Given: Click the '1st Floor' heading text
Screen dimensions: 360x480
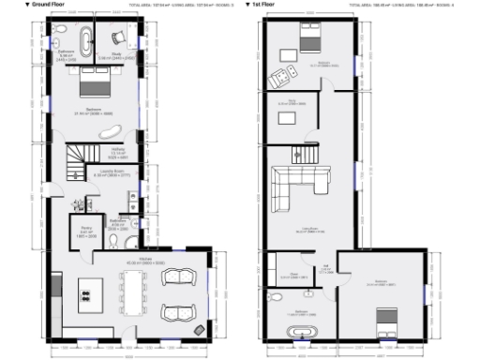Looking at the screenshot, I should click(270, 5).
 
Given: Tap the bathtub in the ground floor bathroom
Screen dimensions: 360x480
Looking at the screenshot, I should click(85, 40).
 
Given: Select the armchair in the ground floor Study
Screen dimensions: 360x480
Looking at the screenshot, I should click(117, 37).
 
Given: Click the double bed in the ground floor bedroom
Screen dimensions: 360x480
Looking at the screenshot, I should click(92, 88).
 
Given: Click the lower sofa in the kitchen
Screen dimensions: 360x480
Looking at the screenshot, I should click(176, 312).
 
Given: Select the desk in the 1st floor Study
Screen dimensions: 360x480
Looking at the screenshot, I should click(287, 118).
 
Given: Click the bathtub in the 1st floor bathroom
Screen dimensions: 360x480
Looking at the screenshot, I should click(303, 333).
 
